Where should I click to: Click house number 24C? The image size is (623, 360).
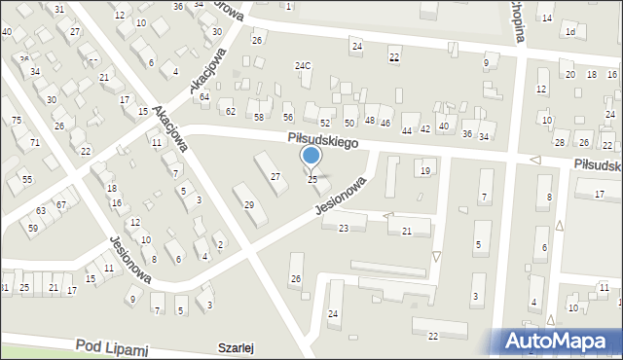pyautogui.click(x=304, y=66)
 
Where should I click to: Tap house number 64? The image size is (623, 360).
pyautogui.click(x=204, y=96)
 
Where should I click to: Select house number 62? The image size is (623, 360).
pyautogui.click(x=231, y=111)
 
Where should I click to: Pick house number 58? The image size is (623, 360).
pyautogui.click(x=259, y=117)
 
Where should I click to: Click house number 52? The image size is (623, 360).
pyautogui.click(x=324, y=123)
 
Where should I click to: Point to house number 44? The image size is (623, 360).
pyautogui.click(x=407, y=129)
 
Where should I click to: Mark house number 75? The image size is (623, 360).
pyautogui.click(x=16, y=119)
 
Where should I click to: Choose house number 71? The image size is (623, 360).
pyautogui.click(x=35, y=143)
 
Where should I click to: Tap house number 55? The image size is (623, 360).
pyautogui.click(x=27, y=179)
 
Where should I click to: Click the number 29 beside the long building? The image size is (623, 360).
pyautogui.click(x=249, y=204)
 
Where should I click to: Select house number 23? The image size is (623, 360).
pyautogui.click(x=343, y=228)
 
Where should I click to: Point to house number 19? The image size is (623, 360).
pyautogui.click(x=424, y=170)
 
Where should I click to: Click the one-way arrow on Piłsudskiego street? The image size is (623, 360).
pyautogui.click(x=533, y=160)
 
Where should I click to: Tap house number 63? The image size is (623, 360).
pyautogui.click(x=41, y=210)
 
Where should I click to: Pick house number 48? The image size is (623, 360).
pyautogui.click(x=370, y=121)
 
